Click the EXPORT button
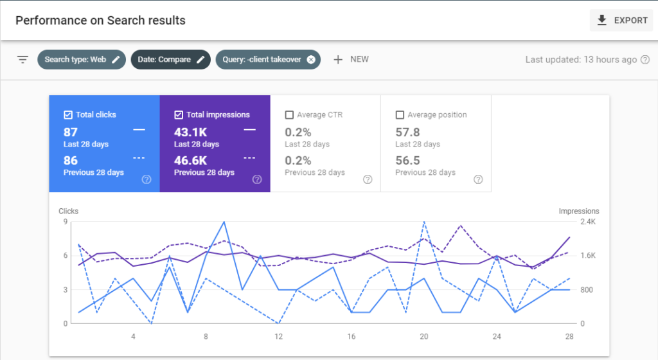[x=621, y=21]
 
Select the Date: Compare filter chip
[x=170, y=60]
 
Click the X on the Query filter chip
[x=311, y=60]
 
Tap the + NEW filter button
[x=351, y=59]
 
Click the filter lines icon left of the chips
[x=23, y=60]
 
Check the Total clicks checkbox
[x=68, y=115]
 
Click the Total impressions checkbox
[x=179, y=115]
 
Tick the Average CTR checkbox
[x=289, y=115]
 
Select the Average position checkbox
[x=400, y=115]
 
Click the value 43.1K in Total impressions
[x=190, y=132]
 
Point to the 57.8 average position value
[x=407, y=132]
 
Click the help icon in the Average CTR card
[x=368, y=179]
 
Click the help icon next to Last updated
[x=645, y=60]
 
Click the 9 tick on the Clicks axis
[x=66, y=222]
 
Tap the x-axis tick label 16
[x=351, y=336]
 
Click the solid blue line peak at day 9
[x=224, y=222]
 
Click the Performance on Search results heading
[x=100, y=21]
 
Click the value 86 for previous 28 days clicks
[x=71, y=160]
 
